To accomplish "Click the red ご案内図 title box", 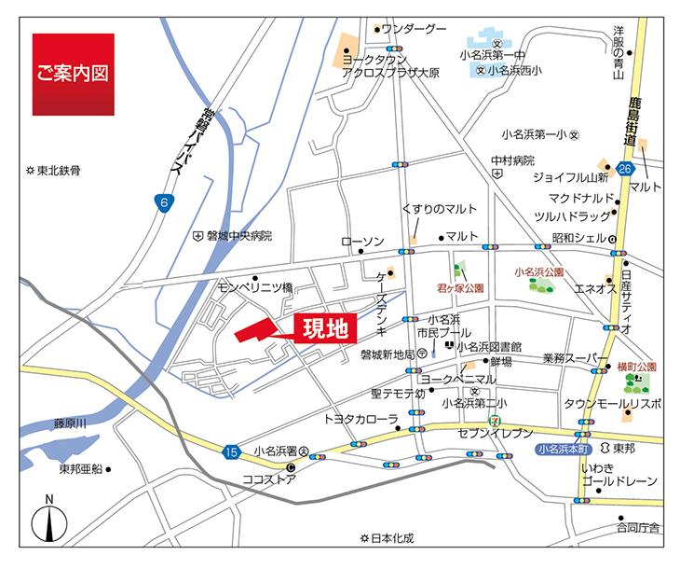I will coord(73,75).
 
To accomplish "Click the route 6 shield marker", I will coord(165,201).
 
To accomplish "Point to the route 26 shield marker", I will coord(625,169).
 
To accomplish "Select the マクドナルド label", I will coord(581,198).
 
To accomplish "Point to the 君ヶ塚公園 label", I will coord(460,290).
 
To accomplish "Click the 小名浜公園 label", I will coord(539,271).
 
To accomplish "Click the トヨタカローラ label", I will coord(360,419).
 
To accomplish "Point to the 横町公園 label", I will coord(637,368).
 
